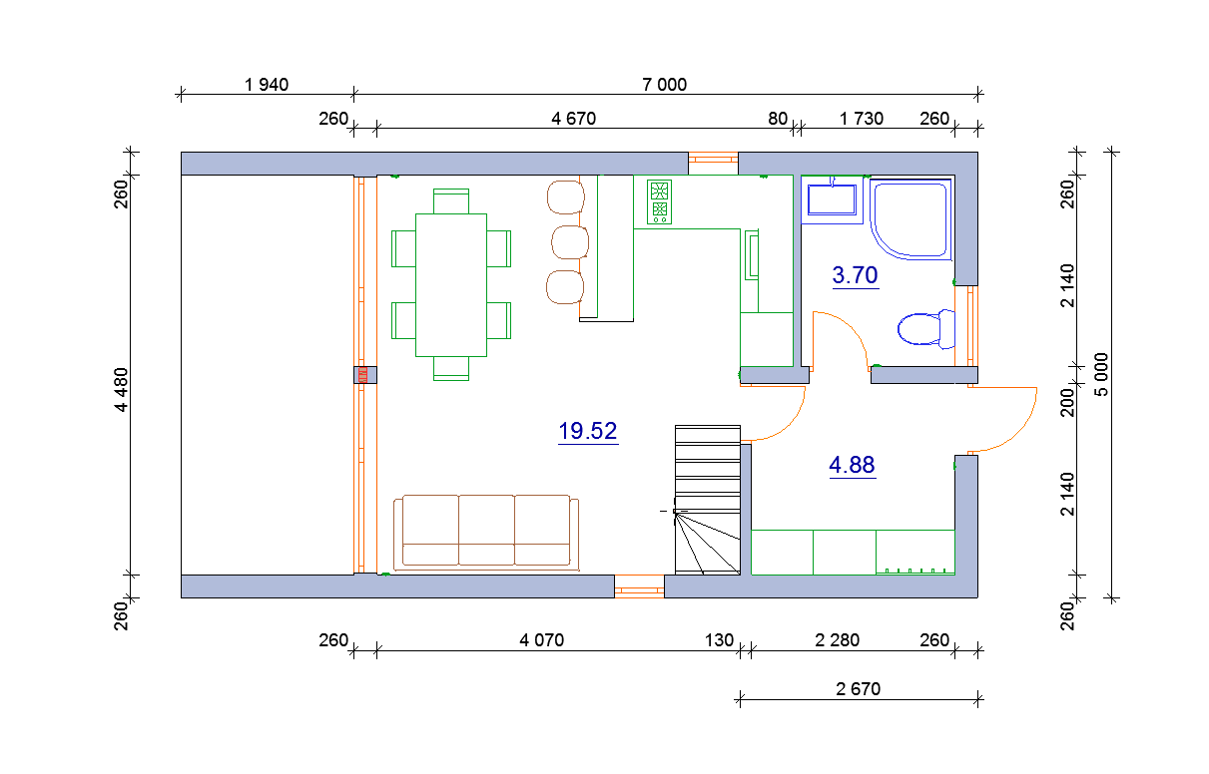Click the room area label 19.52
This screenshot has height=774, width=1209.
coord(588,431)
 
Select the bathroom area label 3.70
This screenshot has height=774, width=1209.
coord(855,275)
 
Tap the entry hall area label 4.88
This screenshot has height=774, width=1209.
coord(852,465)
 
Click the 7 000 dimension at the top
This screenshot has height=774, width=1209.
coord(665,85)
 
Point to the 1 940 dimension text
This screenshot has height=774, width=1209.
coord(267,85)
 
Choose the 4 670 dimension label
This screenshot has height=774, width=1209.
coord(573,119)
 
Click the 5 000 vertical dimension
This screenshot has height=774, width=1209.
coord(1101,375)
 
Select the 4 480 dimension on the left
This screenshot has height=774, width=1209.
coord(122,389)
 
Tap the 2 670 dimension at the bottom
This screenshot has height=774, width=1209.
coord(859,689)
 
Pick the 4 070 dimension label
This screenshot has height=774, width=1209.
coord(541,640)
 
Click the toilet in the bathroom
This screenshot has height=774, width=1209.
coord(926,329)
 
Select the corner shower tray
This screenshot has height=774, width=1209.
coord(910,219)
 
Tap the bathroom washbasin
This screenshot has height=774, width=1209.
coord(832,199)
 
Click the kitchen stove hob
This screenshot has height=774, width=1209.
coord(659,202)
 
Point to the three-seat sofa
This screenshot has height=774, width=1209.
coord(486,533)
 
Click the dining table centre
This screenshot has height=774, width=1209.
coord(451,285)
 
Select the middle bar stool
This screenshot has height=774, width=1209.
coord(570,242)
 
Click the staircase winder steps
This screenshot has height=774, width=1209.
coord(708,543)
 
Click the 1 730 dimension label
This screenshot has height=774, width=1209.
coord(861,119)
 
